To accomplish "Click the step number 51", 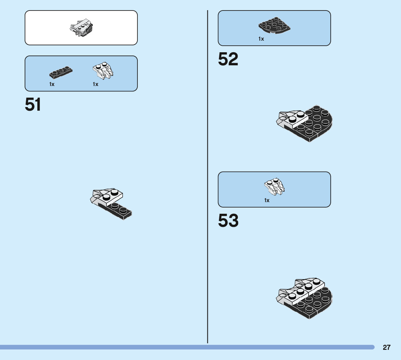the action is (33, 105).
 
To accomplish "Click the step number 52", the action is (228, 60).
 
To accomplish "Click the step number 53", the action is (228, 221).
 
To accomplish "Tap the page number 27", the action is (386, 347).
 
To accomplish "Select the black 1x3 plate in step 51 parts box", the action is (61, 73).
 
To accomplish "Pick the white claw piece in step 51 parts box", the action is (104, 70).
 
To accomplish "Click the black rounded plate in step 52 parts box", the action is (274, 25).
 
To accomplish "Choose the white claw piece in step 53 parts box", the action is (274, 186).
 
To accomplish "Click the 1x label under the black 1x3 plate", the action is (52, 84).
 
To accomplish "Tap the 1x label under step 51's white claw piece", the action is (95, 84).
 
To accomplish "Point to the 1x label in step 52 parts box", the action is (261, 39).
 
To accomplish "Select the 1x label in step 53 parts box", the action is (267, 200).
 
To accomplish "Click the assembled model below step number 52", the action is (305, 123).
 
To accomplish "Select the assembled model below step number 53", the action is (305, 298).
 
